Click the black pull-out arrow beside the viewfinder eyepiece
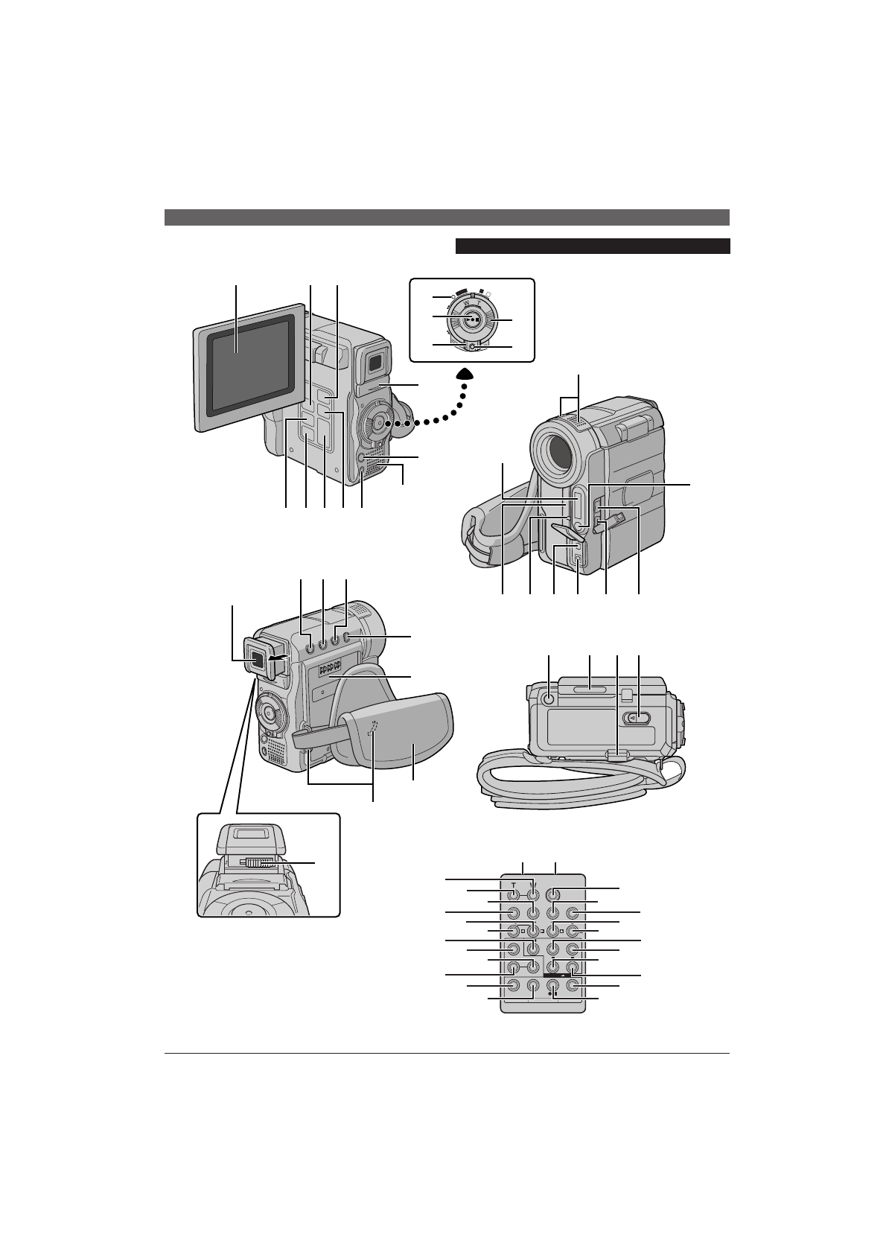(x=278, y=658)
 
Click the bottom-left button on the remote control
(x=514, y=985)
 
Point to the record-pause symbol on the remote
(x=552, y=993)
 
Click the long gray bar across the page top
(x=447, y=217)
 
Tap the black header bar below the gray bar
(x=592, y=246)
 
